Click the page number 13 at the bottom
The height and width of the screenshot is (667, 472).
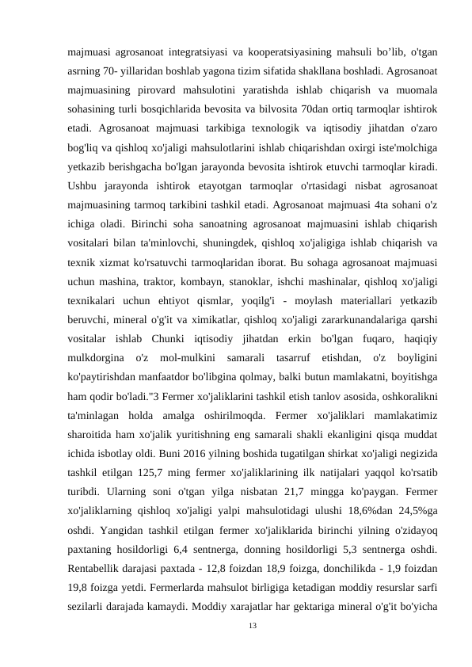(253, 626)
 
